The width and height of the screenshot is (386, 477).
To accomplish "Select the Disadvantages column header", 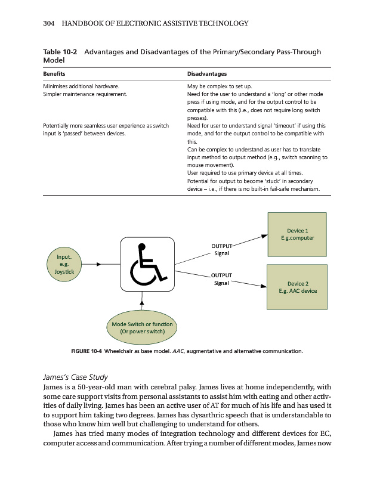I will point(207,74).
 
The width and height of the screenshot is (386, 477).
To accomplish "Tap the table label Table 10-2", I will point(61,52).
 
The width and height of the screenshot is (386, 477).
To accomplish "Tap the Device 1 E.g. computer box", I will point(297,234).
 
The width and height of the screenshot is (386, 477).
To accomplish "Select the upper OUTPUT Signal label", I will point(221,249).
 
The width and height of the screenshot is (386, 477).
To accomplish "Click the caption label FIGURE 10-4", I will point(86,352).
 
